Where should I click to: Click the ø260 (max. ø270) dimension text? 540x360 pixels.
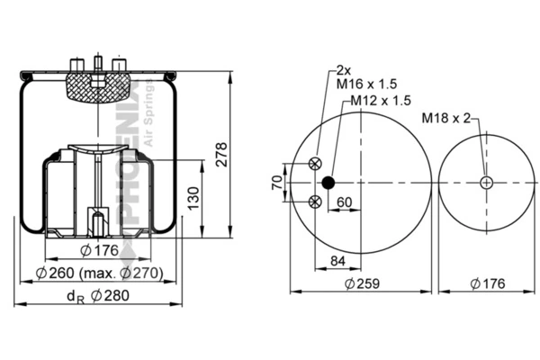click(99, 273)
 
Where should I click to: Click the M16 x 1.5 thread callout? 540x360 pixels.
click(364, 84)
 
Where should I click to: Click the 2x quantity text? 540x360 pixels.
click(343, 69)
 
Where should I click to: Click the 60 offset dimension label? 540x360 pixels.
click(344, 202)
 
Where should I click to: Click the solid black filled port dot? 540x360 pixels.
click(328, 183)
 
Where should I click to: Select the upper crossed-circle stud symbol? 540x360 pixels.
click(314, 163)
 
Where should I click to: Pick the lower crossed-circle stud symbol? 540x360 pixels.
click(314, 202)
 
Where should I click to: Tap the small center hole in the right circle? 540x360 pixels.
click(487, 183)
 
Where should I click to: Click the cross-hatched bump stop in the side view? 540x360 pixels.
click(94, 85)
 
